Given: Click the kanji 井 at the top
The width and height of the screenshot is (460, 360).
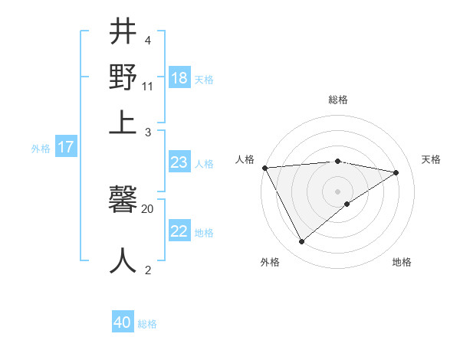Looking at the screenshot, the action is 123,33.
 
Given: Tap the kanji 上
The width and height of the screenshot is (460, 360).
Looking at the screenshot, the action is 123,121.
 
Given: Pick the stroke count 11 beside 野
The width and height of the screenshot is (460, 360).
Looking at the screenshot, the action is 147,86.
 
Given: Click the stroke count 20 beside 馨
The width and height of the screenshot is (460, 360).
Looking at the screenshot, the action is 147,208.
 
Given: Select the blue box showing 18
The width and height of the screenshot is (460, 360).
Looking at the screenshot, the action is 179,77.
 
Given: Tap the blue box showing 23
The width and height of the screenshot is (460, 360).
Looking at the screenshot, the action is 179,162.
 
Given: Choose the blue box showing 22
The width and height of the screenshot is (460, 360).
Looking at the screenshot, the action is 179,231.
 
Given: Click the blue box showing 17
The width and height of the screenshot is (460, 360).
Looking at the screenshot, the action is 65,147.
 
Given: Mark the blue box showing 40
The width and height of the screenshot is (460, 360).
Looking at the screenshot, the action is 123,322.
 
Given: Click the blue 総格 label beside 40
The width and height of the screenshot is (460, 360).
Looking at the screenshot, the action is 147,324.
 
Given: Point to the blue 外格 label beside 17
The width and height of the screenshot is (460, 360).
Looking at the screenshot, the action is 41,149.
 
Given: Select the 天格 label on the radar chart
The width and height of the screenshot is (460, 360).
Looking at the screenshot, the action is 431,159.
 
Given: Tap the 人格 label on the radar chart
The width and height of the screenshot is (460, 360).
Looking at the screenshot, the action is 245,159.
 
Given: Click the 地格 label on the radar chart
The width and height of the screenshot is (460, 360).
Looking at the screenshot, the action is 402,262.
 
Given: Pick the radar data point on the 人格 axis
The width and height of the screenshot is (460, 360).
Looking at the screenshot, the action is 264,168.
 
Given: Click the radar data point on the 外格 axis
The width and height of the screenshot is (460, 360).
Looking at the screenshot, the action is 301,242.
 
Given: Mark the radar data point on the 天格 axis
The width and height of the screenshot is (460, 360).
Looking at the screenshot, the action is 396,172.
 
